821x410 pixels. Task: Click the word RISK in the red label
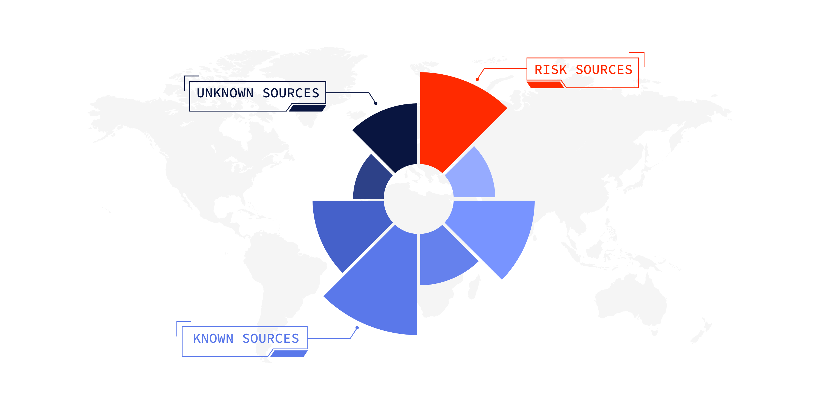click(x=550, y=70)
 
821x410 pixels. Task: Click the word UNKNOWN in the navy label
click(x=225, y=93)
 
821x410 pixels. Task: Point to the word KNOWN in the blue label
click(x=213, y=338)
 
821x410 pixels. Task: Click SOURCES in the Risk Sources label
click(x=604, y=70)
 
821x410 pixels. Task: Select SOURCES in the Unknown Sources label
click(x=291, y=93)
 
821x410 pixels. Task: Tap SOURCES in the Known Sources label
click(x=271, y=338)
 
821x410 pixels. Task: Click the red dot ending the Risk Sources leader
click(x=477, y=79)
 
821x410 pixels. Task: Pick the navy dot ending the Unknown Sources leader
click(x=376, y=103)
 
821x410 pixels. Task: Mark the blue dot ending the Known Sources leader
click(x=357, y=327)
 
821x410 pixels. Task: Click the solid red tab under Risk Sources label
click(x=545, y=85)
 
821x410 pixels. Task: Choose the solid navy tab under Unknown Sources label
click(x=307, y=108)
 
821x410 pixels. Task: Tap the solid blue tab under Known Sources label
click(x=289, y=354)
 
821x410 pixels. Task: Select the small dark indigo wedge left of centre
click(x=371, y=180)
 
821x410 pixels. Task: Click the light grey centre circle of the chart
click(x=418, y=199)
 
